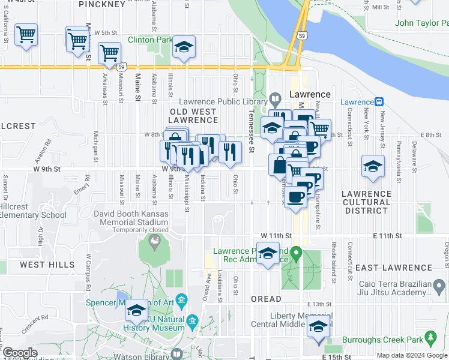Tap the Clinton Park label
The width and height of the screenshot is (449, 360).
150,40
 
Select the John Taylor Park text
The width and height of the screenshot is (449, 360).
422,24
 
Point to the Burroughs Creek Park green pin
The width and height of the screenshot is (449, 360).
430,339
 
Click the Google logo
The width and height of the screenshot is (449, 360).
20,353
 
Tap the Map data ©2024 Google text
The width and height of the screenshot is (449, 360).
412,355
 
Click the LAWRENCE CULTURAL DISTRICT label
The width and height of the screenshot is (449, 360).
366,202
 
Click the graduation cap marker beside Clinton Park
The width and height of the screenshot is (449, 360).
184,48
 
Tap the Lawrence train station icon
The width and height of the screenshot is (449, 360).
379,101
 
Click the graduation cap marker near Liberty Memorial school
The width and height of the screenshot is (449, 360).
318,326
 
